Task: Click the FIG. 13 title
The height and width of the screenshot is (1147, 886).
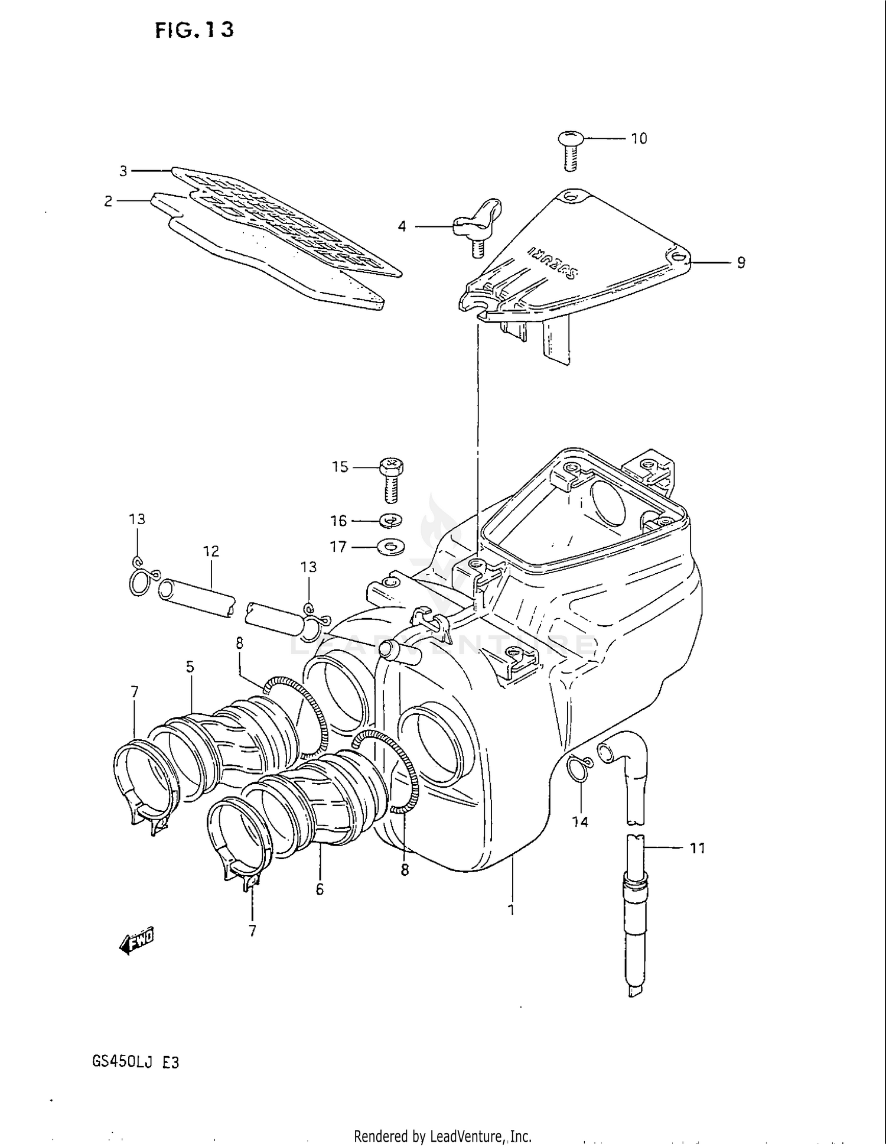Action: pos(194,30)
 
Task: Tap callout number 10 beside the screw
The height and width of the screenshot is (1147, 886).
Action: pos(639,139)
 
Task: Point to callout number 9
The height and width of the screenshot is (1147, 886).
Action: pos(741,263)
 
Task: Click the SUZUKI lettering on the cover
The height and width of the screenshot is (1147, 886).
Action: pos(553,261)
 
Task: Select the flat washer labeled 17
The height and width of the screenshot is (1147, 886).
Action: pos(391,548)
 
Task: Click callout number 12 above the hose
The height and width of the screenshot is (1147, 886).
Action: pos(211,551)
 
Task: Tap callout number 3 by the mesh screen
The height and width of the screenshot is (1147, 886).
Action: pos(123,171)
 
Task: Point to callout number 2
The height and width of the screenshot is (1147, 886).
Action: pos(108,202)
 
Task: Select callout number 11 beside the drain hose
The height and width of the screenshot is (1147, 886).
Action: pos(698,849)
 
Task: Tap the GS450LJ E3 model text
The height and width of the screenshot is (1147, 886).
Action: pos(135,1062)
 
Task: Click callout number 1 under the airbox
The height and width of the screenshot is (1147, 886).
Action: pos(512,909)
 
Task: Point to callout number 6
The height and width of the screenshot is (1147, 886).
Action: pos(320,889)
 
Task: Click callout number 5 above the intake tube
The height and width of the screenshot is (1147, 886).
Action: pos(190,667)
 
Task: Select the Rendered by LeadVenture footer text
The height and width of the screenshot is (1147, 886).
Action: pos(442,1136)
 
